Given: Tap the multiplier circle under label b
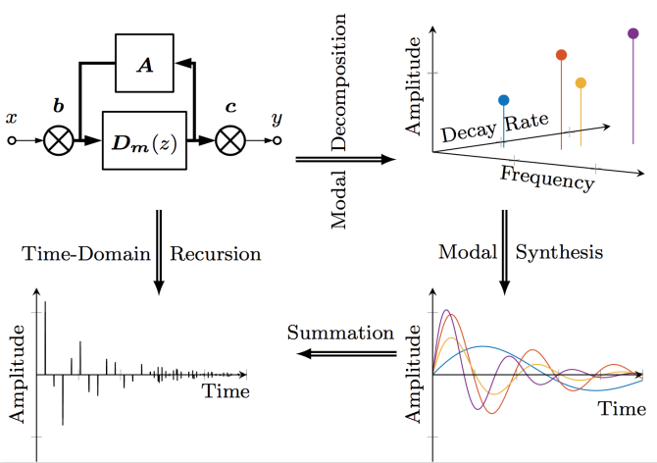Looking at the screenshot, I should [x=60, y=141].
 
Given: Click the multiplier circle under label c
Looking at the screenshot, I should [x=230, y=141].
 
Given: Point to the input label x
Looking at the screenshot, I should [x=12, y=118].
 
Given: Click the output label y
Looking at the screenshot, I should [x=277, y=118].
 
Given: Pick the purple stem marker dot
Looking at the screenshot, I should [x=632, y=33].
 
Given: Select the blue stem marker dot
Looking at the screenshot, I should [x=504, y=100].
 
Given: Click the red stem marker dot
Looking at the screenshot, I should [x=561, y=55].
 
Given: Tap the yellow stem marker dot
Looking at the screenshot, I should [x=581, y=83].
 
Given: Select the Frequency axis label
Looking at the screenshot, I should [x=546, y=179].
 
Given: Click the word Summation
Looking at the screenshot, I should [x=338, y=333].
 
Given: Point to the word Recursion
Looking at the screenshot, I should [x=216, y=254].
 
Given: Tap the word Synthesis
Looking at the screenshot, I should [x=561, y=253].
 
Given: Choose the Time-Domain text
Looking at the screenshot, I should [x=85, y=254].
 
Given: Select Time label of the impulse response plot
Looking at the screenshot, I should [x=226, y=391].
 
